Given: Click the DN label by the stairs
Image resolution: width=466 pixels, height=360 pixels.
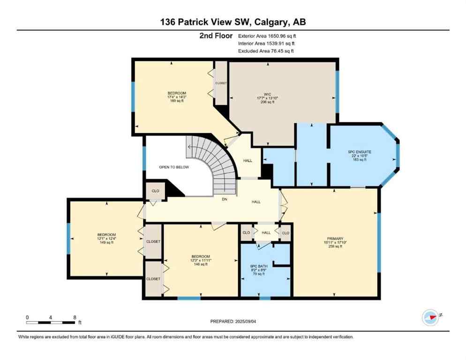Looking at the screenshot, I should pos(224,199).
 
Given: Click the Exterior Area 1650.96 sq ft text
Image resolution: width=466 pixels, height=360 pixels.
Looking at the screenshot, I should pos(267,36).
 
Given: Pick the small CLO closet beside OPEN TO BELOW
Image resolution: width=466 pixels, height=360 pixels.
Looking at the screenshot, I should pos(155,191).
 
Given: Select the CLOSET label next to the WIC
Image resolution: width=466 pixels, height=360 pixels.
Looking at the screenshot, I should pos(221,83).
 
